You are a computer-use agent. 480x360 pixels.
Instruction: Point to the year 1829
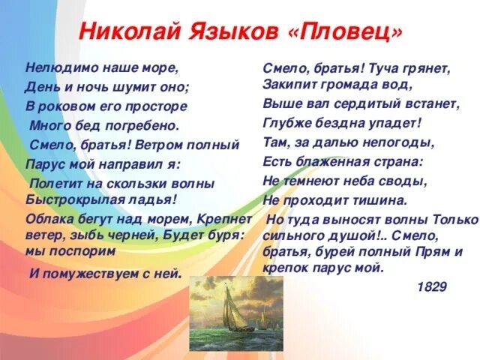point(432,286)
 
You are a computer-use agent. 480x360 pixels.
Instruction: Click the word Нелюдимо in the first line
point(57,67)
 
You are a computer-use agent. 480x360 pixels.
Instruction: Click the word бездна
point(337,122)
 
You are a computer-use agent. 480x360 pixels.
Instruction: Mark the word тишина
point(380,199)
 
